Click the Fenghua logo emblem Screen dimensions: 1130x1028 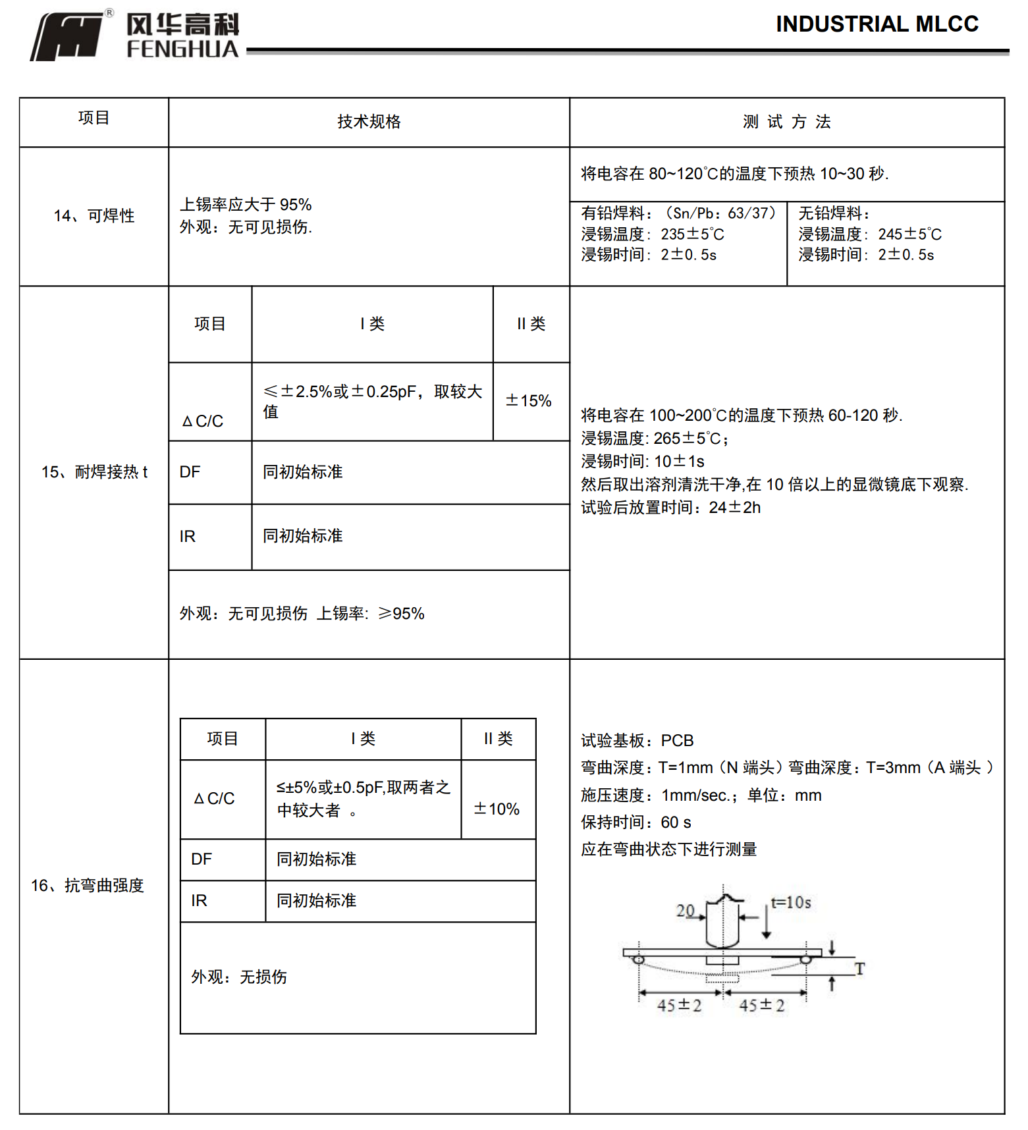[x=67, y=37]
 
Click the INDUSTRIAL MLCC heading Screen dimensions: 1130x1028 [x=877, y=24]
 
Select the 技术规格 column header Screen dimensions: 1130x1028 [x=369, y=122]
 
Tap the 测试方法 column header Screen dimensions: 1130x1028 [x=786, y=122]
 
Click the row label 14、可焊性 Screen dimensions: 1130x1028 [x=94, y=216]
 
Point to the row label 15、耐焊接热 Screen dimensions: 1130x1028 [x=94, y=472]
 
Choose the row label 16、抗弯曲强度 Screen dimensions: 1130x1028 [x=87, y=886]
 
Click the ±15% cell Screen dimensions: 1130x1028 [x=528, y=401]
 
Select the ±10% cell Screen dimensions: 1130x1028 [x=497, y=809]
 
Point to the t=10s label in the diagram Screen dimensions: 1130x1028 [x=791, y=902]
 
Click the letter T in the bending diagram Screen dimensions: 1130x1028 [x=859, y=968]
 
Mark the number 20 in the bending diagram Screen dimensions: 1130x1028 [x=686, y=910]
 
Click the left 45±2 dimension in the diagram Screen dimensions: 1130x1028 [x=679, y=1006]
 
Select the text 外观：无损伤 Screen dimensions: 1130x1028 [x=239, y=977]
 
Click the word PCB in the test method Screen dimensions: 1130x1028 [x=677, y=741]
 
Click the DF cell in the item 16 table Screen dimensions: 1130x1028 [x=202, y=859]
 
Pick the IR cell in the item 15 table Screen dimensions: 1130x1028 [x=188, y=537]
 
